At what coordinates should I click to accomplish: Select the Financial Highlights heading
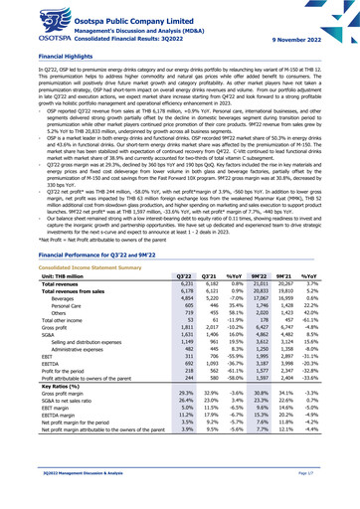[46, 59]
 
